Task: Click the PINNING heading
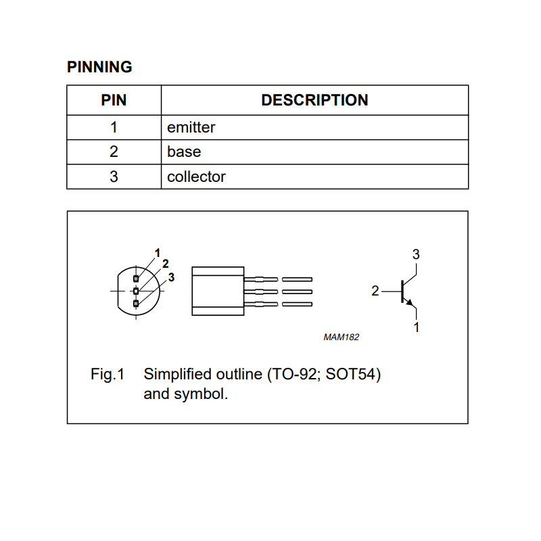[x=99, y=67]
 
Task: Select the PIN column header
[x=114, y=100]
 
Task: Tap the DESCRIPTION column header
[x=314, y=100]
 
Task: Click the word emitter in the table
[x=191, y=128]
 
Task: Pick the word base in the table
[x=184, y=151]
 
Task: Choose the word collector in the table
[x=196, y=177]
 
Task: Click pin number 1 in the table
[x=114, y=127]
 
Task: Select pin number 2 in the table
[x=114, y=151]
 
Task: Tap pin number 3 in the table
[x=114, y=177]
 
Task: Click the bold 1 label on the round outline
[x=158, y=253]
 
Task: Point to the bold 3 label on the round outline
[x=171, y=277]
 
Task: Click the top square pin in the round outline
[x=136, y=279]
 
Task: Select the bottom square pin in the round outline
[x=136, y=304]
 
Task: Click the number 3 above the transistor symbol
[x=416, y=255]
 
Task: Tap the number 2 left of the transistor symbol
[x=375, y=291]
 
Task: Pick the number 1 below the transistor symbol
[x=417, y=327]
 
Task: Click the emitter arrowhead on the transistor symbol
[x=409, y=302]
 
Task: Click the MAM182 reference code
[x=342, y=337]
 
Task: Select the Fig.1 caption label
[x=108, y=375]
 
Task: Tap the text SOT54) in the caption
[x=353, y=375]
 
